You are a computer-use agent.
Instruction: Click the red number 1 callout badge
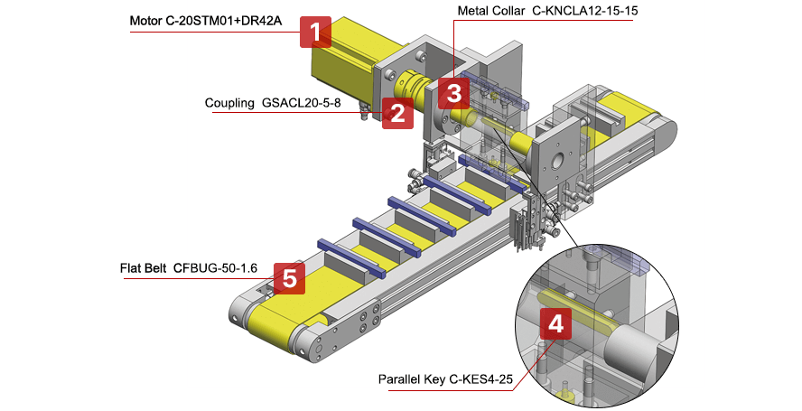314,33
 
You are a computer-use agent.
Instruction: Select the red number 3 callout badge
453,91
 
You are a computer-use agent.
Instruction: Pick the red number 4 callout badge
555,324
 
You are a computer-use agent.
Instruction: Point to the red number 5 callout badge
289,278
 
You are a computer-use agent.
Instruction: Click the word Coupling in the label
229,103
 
